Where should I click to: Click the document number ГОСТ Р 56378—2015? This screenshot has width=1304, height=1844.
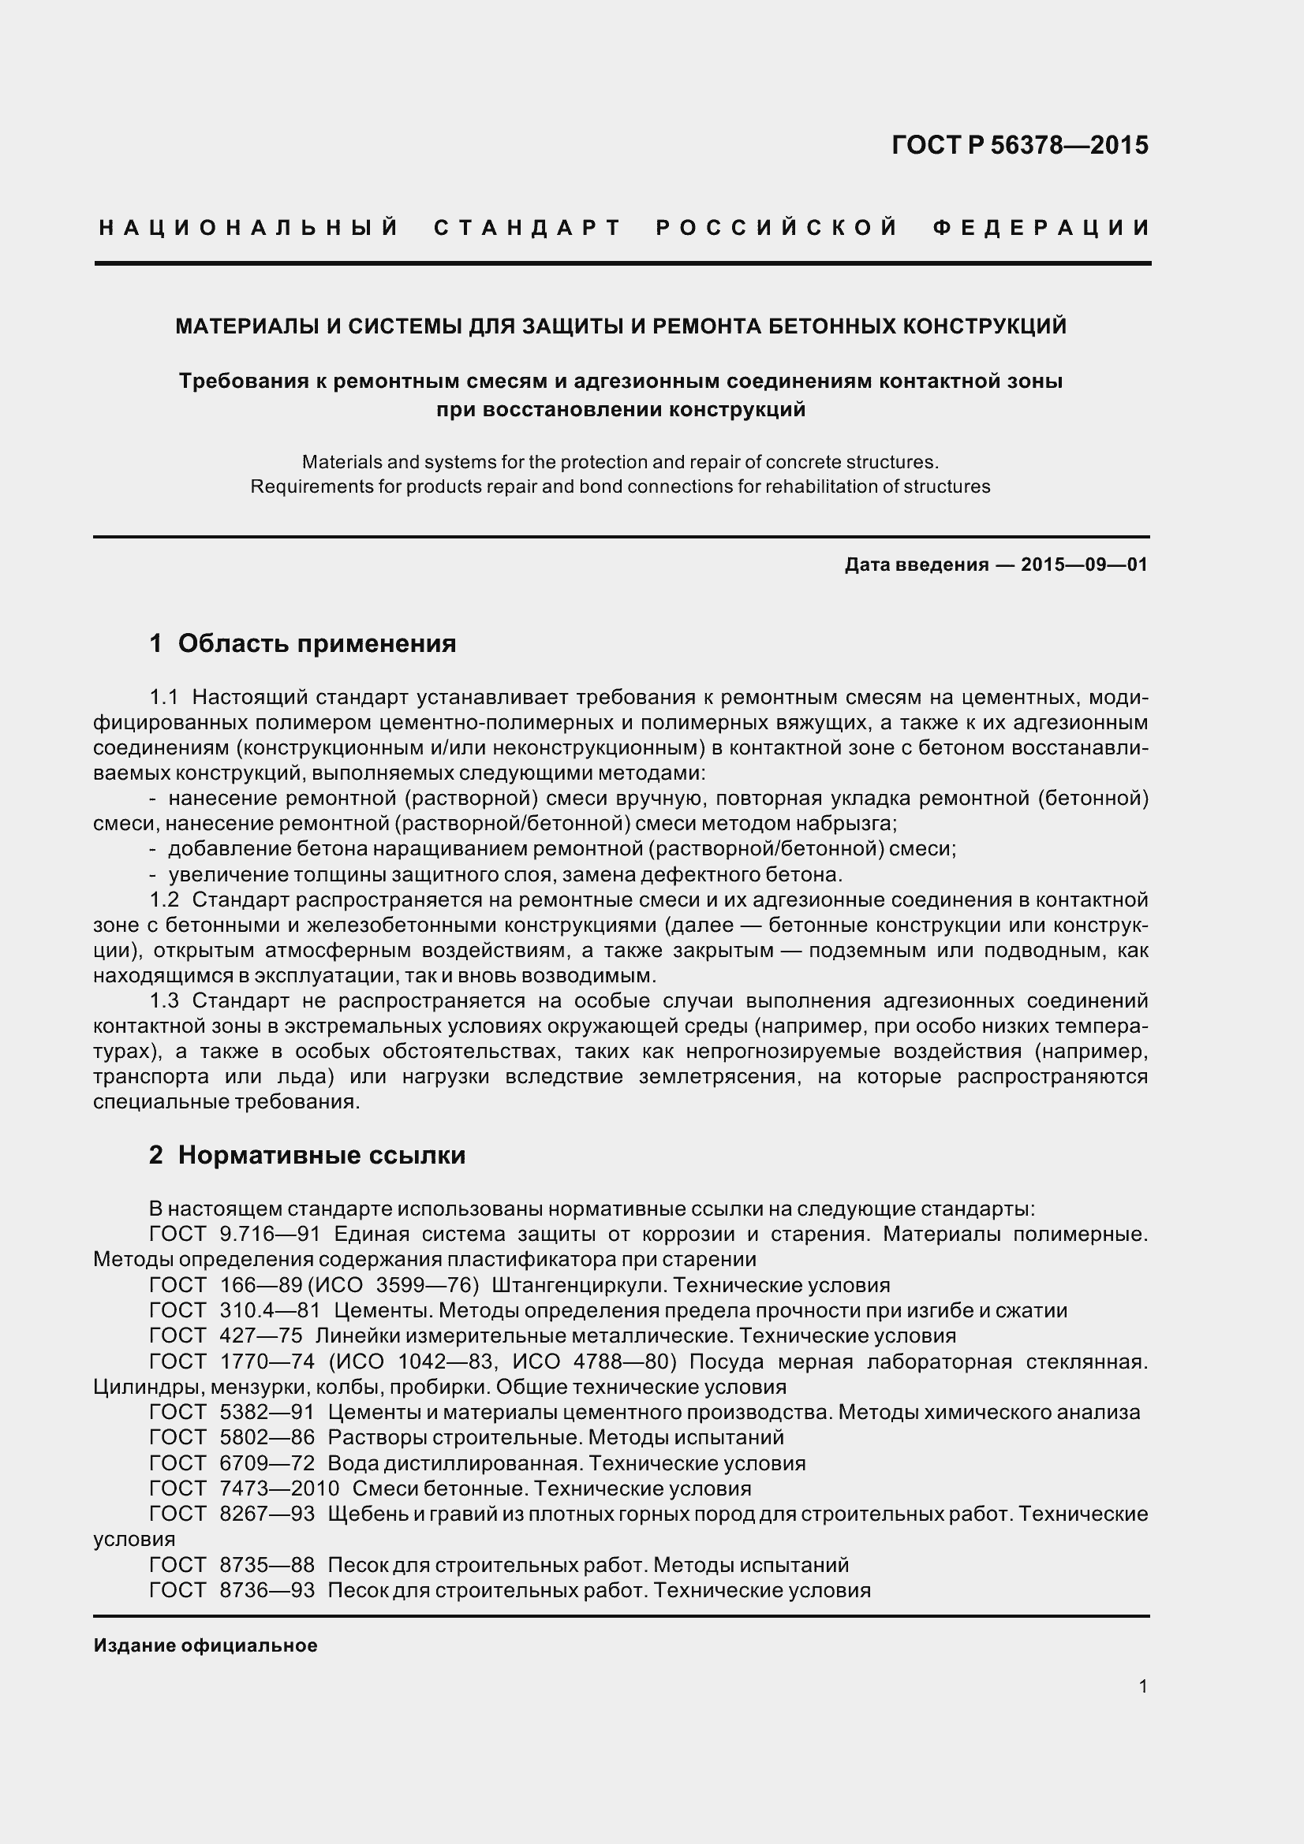[1019, 145]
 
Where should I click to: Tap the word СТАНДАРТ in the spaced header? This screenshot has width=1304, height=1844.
[528, 228]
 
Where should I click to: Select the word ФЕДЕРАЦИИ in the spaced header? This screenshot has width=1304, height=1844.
[1042, 228]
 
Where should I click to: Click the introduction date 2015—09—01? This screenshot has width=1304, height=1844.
[1084, 564]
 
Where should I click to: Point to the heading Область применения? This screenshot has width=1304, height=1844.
[316, 643]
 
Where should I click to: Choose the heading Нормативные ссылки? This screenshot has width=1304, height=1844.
[321, 1155]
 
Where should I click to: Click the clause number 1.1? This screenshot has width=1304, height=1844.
[164, 696]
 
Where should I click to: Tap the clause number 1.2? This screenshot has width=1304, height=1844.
[164, 900]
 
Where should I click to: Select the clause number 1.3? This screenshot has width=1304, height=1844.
[164, 1000]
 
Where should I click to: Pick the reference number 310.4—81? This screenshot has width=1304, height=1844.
[270, 1310]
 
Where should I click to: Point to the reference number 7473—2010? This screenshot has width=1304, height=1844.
[278, 1488]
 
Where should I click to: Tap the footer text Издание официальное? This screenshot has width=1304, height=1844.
[205, 1645]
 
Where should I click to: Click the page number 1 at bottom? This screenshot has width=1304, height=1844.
[1142, 1686]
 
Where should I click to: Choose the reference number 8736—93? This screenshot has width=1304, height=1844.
[267, 1590]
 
